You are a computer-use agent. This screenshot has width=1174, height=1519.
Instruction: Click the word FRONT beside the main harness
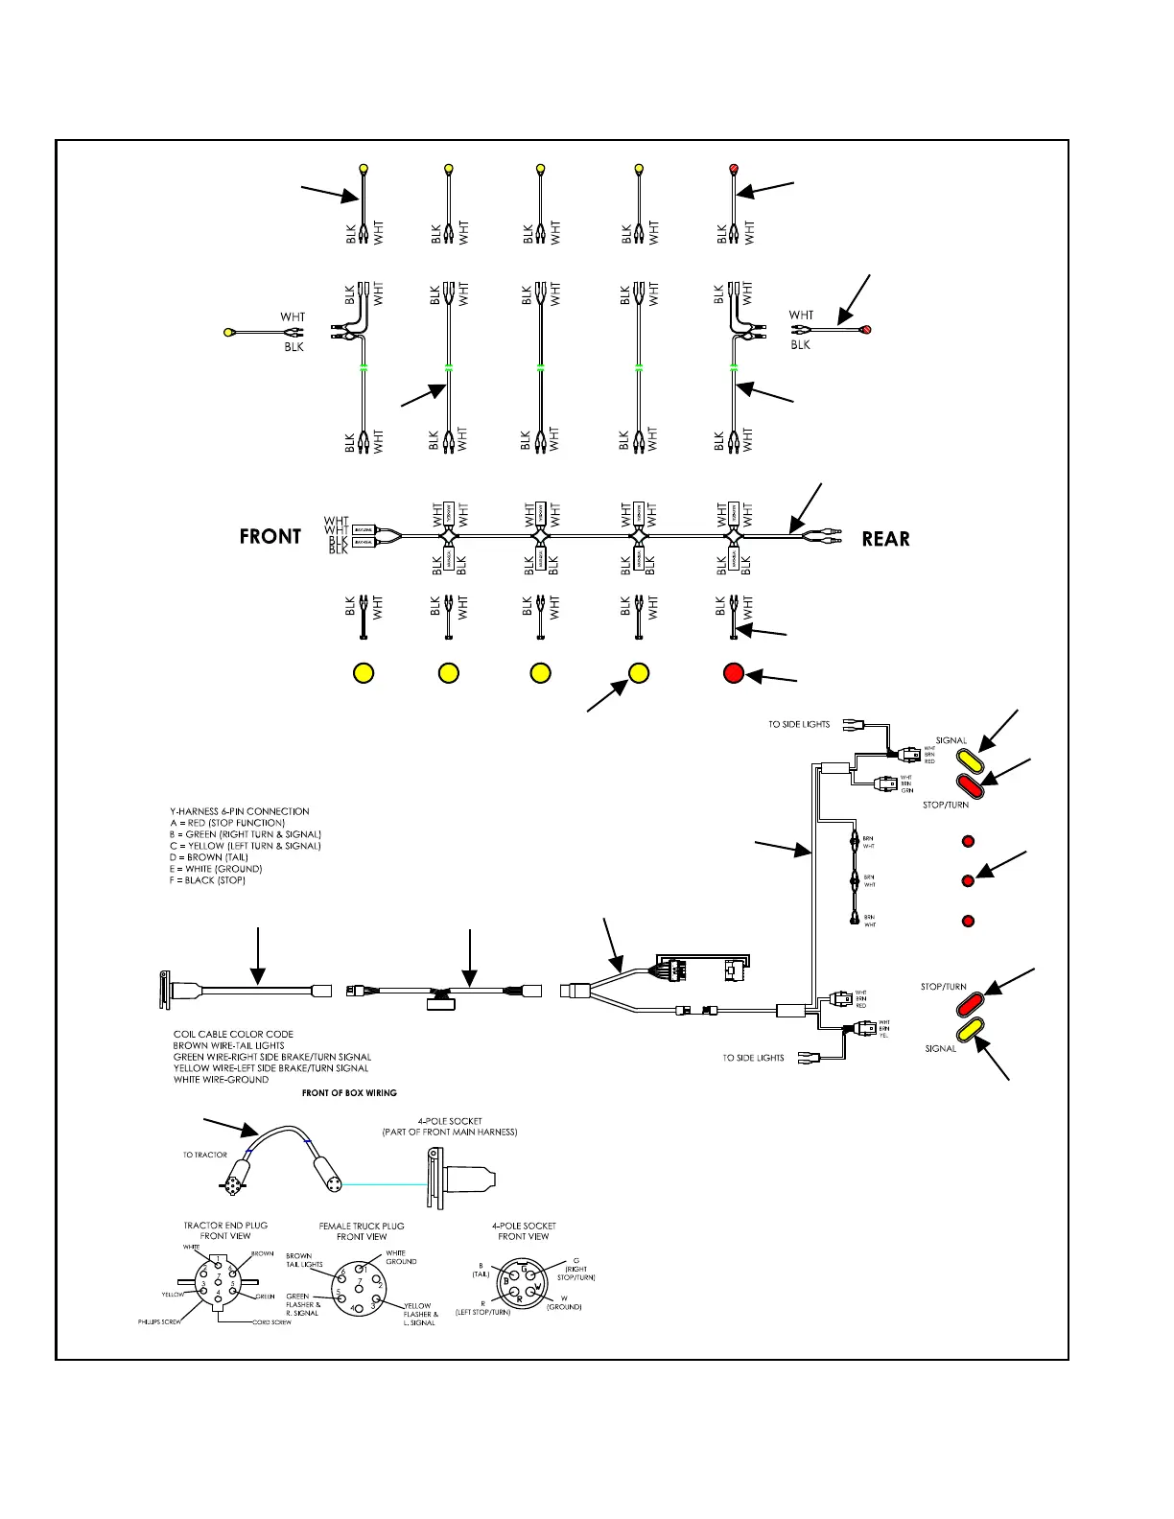click(270, 537)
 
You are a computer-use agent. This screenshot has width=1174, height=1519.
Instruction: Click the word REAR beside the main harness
click(885, 539)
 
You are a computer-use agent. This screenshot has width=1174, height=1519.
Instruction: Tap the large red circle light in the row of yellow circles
click(734, 672)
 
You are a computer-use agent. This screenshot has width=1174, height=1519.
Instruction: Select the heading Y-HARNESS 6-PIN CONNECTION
click(239, 811)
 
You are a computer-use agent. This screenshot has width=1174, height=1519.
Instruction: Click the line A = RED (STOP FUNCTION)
click(227, 823)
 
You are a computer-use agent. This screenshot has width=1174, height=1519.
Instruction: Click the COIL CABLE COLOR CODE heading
click(233, 1034)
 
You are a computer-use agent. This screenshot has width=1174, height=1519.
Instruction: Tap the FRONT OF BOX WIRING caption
click(349, 1092)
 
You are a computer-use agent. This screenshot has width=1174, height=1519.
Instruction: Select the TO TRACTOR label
click(205, 1155)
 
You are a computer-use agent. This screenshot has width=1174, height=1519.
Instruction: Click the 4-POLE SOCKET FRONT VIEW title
click(524, 1231)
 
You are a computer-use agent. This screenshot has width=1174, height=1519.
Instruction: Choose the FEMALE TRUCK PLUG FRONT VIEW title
click(362, 1231)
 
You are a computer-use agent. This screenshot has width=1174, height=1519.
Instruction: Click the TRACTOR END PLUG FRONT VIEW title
click(225, 1230)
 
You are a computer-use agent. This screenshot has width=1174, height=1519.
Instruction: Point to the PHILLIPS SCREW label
click(159, 1322)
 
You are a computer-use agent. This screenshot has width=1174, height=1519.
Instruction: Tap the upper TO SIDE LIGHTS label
click(798, 724)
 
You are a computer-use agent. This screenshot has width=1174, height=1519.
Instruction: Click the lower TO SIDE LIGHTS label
click(753, 1058)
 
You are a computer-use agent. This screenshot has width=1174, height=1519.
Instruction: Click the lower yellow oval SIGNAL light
click(972, 1031)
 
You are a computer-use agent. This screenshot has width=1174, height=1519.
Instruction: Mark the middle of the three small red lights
click(968, 880)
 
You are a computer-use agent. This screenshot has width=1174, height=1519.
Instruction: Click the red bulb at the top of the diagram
click(734, 170)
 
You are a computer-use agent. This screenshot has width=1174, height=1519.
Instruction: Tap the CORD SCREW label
click(271, 1322)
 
